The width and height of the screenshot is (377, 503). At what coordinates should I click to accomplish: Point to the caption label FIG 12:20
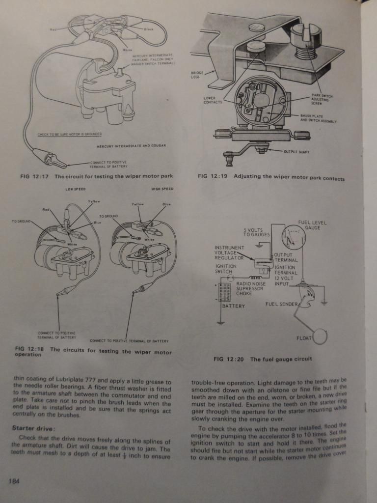pyautogui.click(x=229, y=359)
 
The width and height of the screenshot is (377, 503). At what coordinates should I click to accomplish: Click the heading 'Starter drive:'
pyautogui.click(x=32, y=427)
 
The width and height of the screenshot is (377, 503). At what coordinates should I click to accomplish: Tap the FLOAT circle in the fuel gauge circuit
pyautogui.click(x=322, y=337)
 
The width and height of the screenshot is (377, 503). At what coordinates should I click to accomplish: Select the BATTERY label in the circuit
pyautogui.click(x=234, y=306)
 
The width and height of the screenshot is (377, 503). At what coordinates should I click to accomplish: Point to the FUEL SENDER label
pyautogui.click(x=281, y=304)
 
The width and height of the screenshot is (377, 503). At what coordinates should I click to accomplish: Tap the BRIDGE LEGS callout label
pyautogui.click(x=197, y=75)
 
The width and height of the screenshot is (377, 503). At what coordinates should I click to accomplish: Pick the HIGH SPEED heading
pyautogui.click(x=162, y=189)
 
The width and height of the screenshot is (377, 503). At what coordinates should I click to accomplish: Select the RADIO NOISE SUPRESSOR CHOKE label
pyautogui.click(x=251, y=288)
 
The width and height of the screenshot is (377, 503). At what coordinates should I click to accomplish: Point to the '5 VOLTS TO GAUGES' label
pyautogui.click(x=257, y=232)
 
